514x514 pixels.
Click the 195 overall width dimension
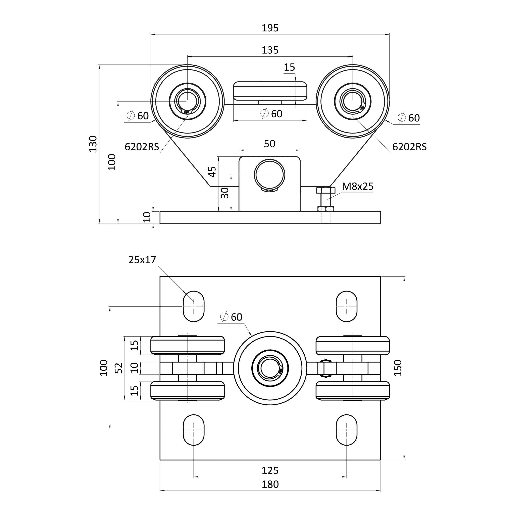270,28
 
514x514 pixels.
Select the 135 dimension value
270,50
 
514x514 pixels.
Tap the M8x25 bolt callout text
358,186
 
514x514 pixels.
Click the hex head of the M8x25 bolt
326,190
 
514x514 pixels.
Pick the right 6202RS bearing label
409,147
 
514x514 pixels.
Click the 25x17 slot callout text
142,260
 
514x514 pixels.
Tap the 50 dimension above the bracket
269,144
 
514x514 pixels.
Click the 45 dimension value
212,172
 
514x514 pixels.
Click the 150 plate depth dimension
398,368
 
